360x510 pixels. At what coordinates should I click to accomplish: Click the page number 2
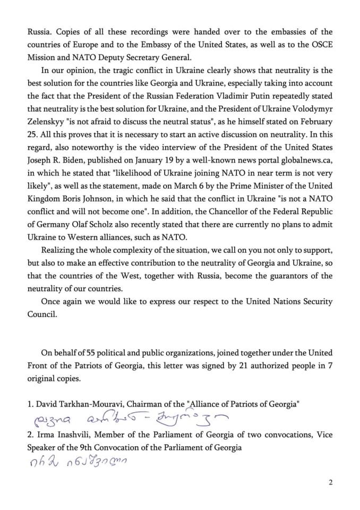coord(330,482)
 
